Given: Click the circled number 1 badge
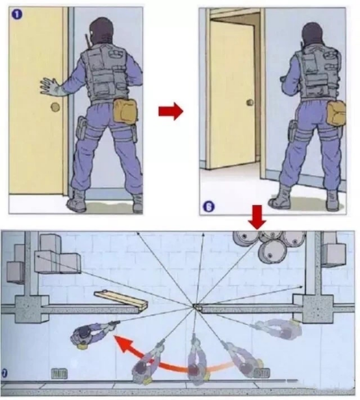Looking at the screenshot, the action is (x=17, y=14).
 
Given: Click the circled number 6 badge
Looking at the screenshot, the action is (x=209, y=206).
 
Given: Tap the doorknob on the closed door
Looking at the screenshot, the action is (x=55, y=107).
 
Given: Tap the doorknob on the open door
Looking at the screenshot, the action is (x=250, y=103).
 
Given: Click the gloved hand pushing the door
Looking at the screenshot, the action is (x=50, y=87).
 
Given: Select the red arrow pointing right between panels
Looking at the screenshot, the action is (x=170, y=111).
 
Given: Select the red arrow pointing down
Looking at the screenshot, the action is (x=257, y=217).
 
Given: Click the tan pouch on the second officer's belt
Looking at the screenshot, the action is (x=336, y=113).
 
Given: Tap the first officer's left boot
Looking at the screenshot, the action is (x=77, y=201).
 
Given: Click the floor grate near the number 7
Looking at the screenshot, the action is (x=59, y=374).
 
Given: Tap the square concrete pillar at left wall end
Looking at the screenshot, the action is (x=32, y=309).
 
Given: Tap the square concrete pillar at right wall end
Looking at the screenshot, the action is (x=316, y=308).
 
